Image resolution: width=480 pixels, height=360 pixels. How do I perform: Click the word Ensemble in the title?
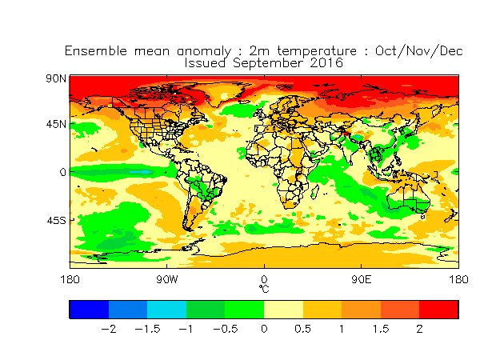pos(96,51)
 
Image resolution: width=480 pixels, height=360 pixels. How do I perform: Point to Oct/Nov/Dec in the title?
pos(418,51)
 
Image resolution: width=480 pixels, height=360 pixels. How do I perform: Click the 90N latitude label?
pos(56,78)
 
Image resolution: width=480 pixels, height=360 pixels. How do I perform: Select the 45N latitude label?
pos(56,124)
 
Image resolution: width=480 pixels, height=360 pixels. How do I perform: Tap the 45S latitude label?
pos(56,221)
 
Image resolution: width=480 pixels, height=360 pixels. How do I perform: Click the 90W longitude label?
pos(167,279)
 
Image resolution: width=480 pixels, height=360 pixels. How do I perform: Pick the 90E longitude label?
pos(362,279)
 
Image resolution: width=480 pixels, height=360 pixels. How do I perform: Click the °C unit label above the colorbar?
pos(264,289)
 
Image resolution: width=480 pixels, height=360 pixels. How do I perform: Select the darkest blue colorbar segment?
pos(89,310)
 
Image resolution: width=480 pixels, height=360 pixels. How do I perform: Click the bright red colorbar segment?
pos(438,310)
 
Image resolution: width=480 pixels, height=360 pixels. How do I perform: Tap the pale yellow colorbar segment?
pos(283,310)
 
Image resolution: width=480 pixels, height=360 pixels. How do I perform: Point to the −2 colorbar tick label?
pos(109,329)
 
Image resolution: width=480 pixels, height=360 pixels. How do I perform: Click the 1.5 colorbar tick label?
pos(381,329)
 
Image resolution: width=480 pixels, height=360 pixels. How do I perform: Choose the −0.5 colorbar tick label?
pos(226,329)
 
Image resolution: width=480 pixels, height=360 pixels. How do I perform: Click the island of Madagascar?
pos(314,192)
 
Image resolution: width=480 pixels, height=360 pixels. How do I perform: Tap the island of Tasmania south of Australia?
pos(422,217)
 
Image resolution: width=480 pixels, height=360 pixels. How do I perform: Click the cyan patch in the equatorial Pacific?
pos(140,172)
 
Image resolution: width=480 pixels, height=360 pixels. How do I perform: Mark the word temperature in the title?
pos(317,51)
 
